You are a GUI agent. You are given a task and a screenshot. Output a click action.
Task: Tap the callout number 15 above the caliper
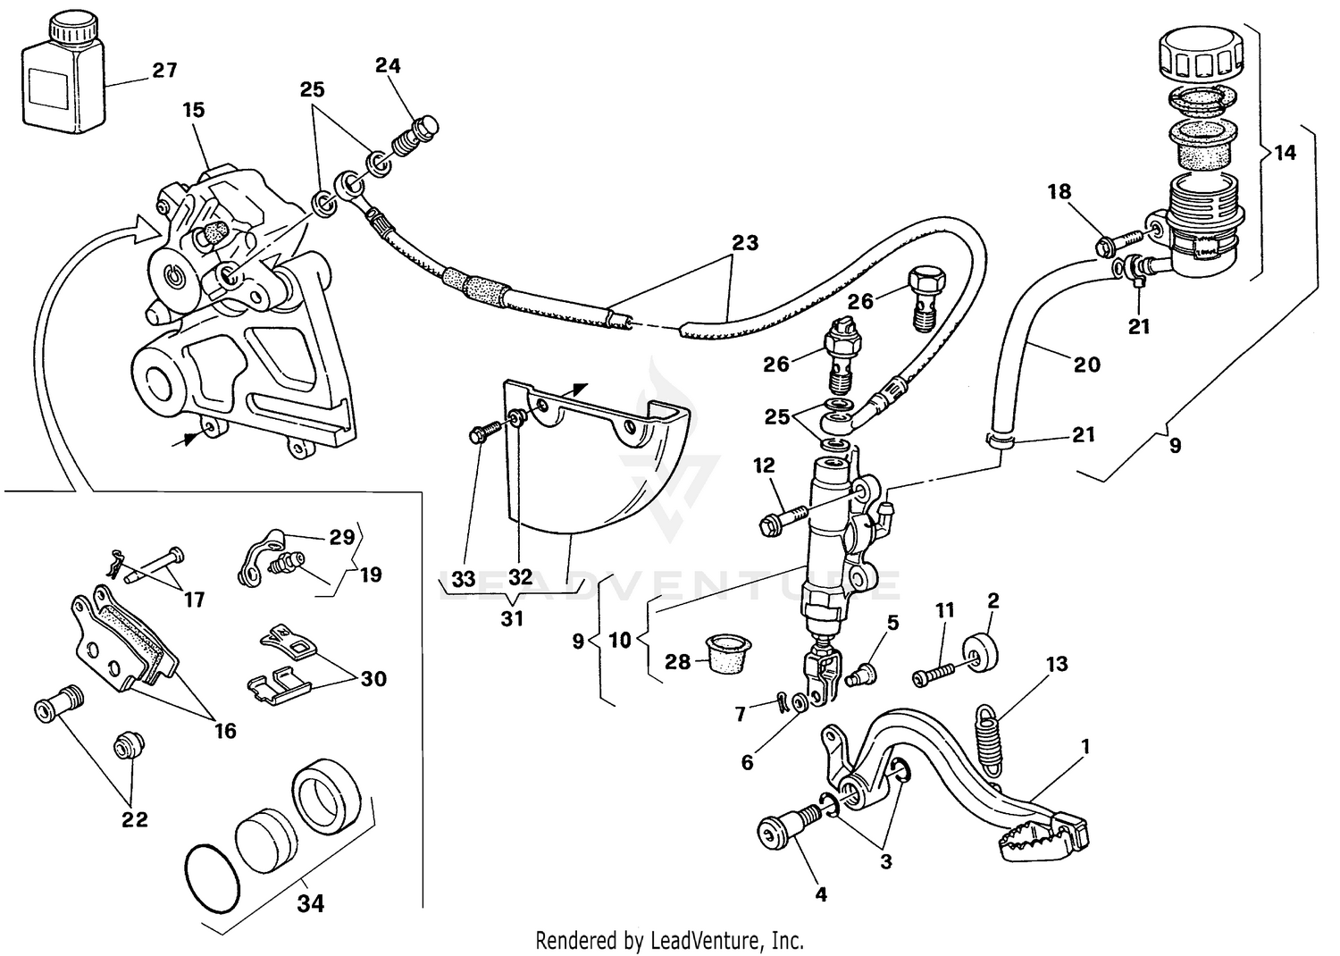tap(194, 110)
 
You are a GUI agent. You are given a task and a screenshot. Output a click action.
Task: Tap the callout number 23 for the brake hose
tap(745, 243)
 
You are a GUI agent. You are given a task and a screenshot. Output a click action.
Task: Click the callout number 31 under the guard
tap(512, 617)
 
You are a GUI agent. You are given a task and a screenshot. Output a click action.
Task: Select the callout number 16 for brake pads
tap(225, 731)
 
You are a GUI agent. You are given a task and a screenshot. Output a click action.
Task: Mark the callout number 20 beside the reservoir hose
tap(1086, 364)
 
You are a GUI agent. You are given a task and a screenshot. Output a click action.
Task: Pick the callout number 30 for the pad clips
tap(373, 679)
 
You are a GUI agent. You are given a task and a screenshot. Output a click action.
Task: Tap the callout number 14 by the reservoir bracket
tap(1285, 153)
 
